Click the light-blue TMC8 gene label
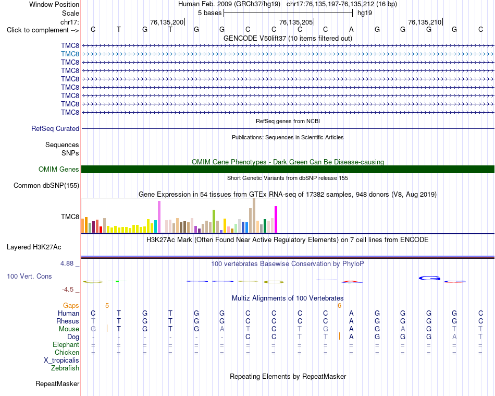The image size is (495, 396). coord(70,54)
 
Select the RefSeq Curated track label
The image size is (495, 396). coord(55,129)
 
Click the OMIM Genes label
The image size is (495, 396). coord(59,170)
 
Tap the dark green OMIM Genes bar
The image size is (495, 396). coord(288,170)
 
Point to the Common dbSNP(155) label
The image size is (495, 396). coord(46,186)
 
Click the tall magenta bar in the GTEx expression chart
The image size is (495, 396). coord(276,219)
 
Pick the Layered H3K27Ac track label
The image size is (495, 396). coord(34,247)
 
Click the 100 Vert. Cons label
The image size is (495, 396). coord(29,276)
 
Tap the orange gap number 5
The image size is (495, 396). coord(107,306)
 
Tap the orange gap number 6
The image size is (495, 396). coord(339,306)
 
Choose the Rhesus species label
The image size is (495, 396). coord(68,321)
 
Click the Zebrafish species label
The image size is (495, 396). coord(65,368)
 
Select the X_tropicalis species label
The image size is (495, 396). coord(61,361)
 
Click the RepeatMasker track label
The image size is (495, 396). coord(57,383)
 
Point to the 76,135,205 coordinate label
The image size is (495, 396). coord(296,22)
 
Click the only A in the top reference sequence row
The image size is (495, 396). coord(351,29)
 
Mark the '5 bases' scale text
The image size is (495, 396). coord(209,13)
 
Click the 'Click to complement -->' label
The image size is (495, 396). coord(43,30)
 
